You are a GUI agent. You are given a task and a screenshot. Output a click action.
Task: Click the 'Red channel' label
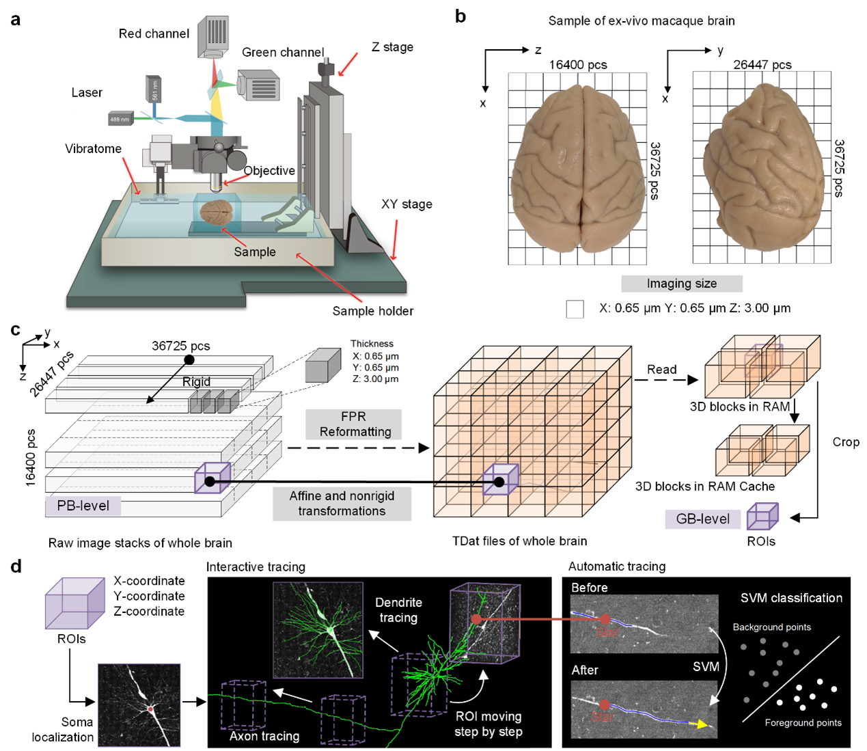(154, 33)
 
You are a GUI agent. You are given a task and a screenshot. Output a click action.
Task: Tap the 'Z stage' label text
(392, 47)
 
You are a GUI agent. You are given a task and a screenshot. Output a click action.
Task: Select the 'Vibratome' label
(93, 148)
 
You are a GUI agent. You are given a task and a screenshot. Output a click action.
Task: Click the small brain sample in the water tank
(217, 213)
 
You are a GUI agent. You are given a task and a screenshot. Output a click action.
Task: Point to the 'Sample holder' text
(372, 311)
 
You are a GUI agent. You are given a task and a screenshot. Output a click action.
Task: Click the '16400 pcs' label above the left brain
(577, 65)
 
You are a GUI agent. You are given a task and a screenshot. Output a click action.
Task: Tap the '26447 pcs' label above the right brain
(762, 65)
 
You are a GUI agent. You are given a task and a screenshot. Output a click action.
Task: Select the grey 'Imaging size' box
(681, 284)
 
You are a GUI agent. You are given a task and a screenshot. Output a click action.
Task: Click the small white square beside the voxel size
(575, 309)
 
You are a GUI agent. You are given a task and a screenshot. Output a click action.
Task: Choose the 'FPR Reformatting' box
(354, 424)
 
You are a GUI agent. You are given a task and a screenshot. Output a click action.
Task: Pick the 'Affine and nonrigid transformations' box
(342, 504)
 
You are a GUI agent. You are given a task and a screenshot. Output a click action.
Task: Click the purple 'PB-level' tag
(83, 506)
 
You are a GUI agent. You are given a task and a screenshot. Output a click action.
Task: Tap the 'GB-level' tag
(702, 519)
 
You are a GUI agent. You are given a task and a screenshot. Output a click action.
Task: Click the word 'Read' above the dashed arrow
(661, 370)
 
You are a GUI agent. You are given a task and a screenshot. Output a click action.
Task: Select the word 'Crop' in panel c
(845, 442)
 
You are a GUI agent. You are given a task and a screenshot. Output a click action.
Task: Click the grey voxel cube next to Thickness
(322, 366)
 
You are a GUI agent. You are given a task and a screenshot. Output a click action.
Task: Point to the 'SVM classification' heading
(791, 598)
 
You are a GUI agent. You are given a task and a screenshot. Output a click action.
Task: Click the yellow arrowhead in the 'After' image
(701, 724)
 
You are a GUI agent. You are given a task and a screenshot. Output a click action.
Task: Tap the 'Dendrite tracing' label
(398, 610)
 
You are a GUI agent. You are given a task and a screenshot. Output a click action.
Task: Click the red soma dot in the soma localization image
(150, 709)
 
